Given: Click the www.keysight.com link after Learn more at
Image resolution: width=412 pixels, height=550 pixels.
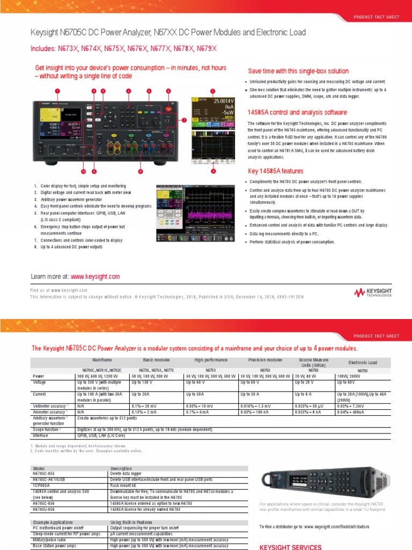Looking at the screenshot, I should pos(95,276).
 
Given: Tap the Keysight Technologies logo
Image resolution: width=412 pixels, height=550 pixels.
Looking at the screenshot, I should pos(377,293).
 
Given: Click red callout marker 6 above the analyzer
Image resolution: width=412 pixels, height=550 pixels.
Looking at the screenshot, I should pos(168,91).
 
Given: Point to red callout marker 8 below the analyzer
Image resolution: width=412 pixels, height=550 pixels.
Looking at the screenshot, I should pos(140,171).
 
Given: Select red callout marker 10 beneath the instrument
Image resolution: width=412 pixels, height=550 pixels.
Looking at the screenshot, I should pos(83,171).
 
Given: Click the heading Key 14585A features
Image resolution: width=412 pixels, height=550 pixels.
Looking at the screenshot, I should pos(275,171).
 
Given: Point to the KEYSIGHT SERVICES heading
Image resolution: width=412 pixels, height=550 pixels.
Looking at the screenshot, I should pos(290,547).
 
